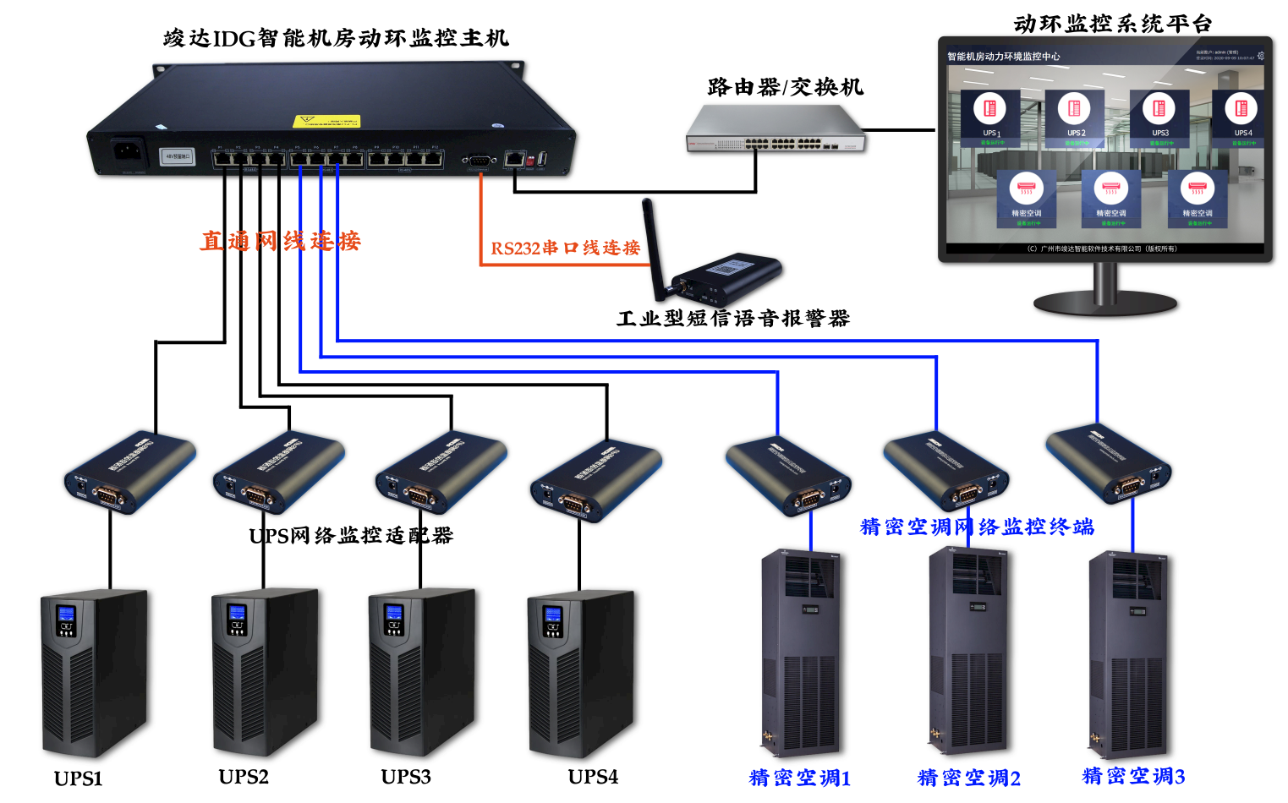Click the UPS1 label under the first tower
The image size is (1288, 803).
tap(78, 778)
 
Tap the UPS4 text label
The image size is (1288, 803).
tap(593, 777)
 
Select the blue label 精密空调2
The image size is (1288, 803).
tap(969, 778)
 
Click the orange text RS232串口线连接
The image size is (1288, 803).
tap(565, 248)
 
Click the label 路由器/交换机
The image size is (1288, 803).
tap(785, 87)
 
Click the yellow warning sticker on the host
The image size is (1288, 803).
tap(326, 122)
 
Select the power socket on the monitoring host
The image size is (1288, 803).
tap(126, 152)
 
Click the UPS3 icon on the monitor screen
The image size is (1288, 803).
tap(1159, 109)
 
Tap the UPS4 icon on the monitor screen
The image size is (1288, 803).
tap(1241, 109)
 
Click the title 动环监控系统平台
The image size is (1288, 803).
tap(1112, 24)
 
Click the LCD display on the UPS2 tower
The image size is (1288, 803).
tap(237, 613)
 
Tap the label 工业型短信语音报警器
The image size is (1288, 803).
tap(732, 319)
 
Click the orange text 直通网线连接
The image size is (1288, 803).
tap(280, 241)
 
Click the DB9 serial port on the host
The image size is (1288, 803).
tap(479, 159)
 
